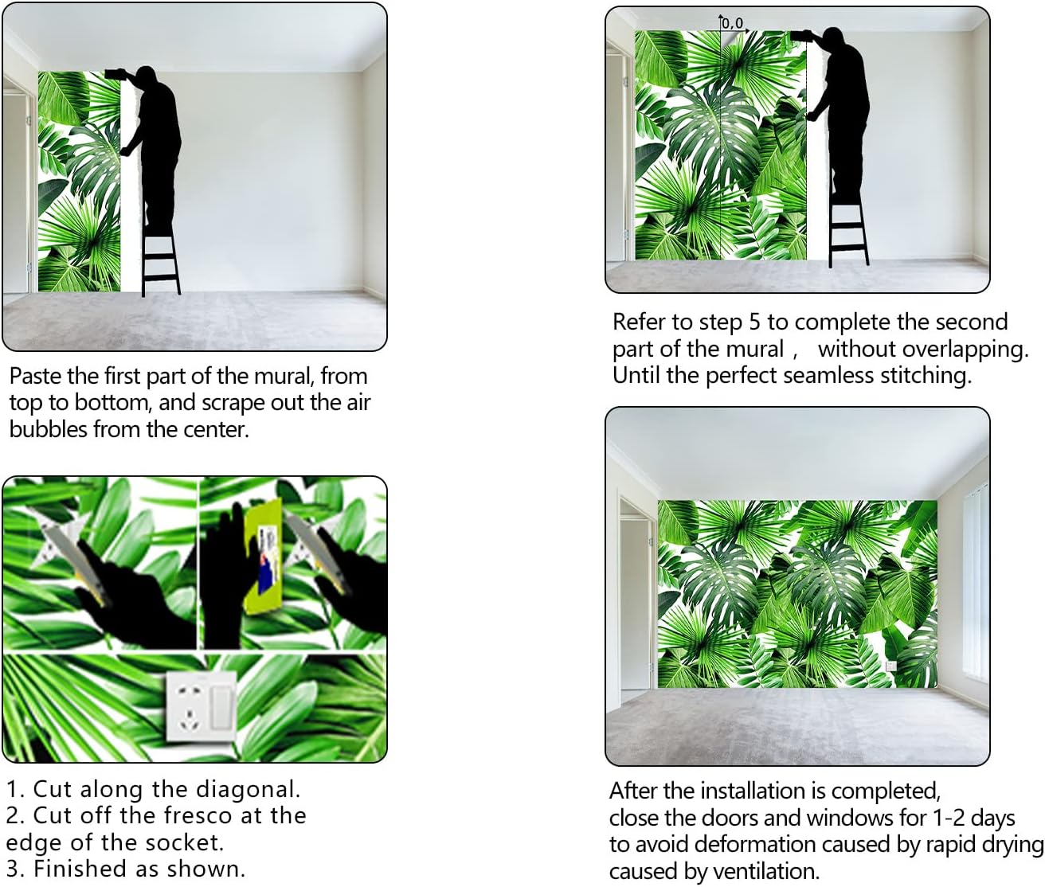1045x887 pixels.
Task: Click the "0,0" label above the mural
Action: pyautogui.click(x=733, y=23)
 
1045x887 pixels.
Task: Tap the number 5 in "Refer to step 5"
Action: pyautogui.click(x=754, y=322)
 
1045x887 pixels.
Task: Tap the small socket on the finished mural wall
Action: pyautogui.click(x=890, y=666)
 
